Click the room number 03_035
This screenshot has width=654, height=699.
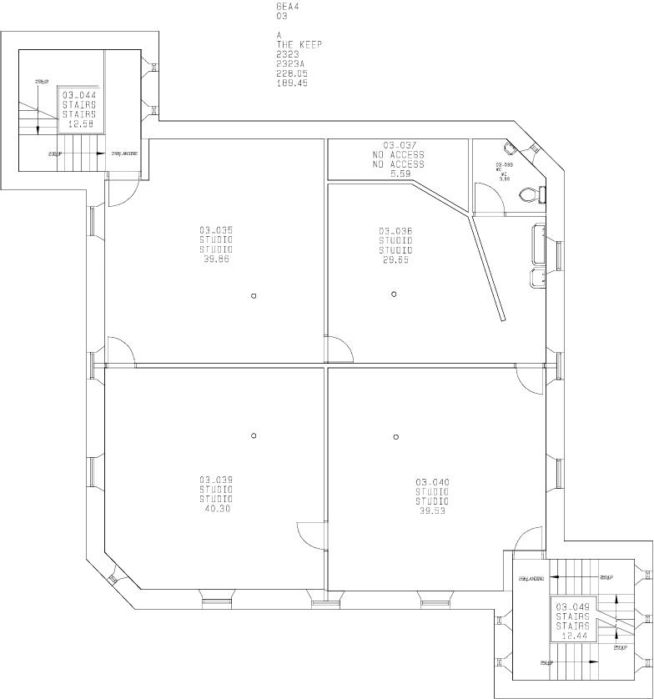coord(215,230)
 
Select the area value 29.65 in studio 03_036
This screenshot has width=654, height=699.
coord(395,260)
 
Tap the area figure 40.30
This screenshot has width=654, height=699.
coord(216,508)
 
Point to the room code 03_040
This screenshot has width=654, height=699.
coord(432,481)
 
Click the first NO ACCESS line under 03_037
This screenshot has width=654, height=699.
coord(398,155)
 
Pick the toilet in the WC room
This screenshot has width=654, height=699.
coord(529,195)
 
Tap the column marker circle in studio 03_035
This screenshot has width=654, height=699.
coord(254,294)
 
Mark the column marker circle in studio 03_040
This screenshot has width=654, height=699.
coord(395,436)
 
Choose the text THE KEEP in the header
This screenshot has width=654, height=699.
coord(299,44)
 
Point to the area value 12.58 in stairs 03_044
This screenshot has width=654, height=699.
coord(79,124)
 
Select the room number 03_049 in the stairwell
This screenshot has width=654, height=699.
coord(572,606)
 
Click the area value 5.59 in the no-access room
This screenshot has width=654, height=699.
coord(398,173)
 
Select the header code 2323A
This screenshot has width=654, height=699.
coord(292,63)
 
